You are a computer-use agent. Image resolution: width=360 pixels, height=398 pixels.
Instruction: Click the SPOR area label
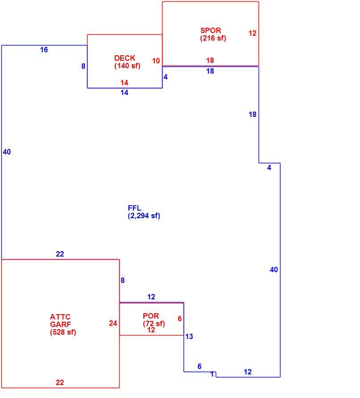pos(211,30)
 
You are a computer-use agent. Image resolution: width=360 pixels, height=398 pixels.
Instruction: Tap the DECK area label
pos(125,58)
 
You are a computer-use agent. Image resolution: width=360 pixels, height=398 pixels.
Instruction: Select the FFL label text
pos(134,208)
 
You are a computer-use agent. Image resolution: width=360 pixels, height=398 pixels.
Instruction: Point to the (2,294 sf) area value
pos(144,216)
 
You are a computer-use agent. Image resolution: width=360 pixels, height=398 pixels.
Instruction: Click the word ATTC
pos(60,317)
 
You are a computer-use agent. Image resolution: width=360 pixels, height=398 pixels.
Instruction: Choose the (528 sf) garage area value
pos(63,332)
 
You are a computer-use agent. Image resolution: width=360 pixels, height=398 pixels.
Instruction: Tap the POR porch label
pos(151,316)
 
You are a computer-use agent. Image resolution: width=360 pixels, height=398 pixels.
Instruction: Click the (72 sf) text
pos(154,323)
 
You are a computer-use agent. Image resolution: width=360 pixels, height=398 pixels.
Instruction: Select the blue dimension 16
pos(44,50)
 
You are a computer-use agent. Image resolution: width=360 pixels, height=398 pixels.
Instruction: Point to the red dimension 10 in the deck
pos(156,61)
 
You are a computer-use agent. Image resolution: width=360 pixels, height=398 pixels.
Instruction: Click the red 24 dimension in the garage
pos(113,323)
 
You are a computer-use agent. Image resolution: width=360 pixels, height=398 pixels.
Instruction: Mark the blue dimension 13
pos(189,336)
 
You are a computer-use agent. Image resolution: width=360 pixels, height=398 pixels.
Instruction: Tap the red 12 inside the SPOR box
pos(252,33)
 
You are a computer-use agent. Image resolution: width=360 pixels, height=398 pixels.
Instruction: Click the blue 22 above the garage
pos(60,254)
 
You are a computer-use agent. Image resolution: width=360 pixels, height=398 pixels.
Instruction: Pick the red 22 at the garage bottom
pos(60,382)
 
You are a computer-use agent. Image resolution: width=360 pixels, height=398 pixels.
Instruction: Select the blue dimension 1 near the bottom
pos(212,374)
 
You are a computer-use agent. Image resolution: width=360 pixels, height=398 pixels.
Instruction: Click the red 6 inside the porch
pos(180,319)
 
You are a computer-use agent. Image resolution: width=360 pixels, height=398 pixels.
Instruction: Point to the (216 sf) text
pos(213,38)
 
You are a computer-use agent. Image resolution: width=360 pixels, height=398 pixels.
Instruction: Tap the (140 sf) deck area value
pos(127,66)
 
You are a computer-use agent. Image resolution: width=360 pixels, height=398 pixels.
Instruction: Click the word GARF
pos(60,324)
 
